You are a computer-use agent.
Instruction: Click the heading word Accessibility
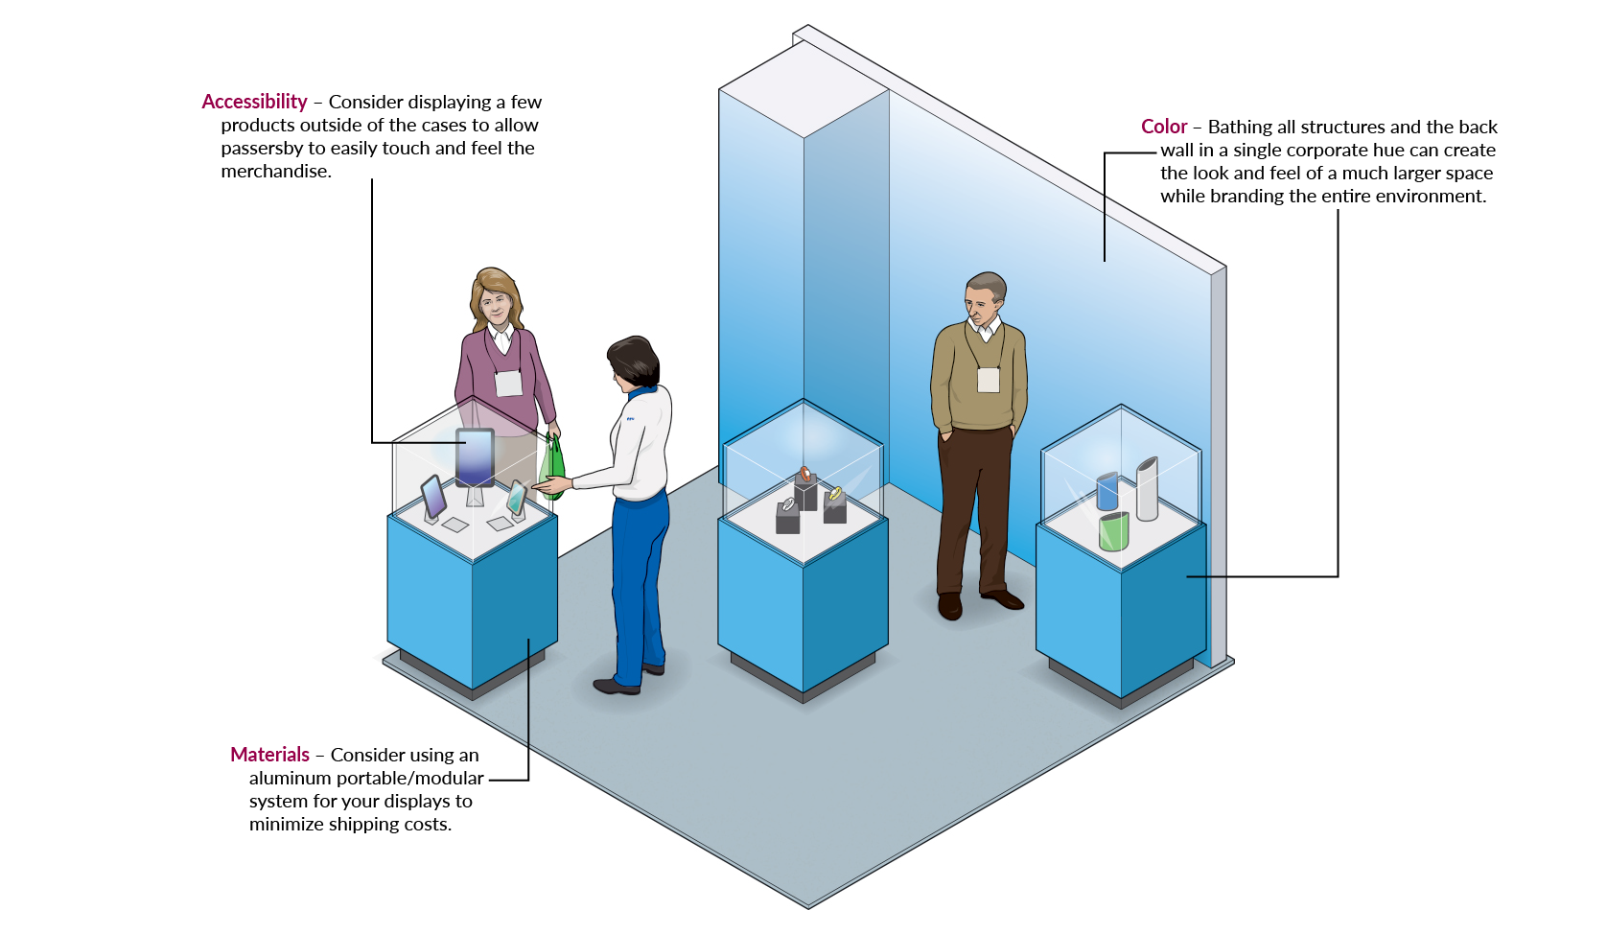tap(254, 102)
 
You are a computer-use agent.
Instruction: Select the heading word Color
tap(1163, 127)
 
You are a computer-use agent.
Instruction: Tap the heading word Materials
tap(269, 755)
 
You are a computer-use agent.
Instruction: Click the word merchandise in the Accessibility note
tap(276, 172)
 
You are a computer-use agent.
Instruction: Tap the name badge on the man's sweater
tap(989, 380)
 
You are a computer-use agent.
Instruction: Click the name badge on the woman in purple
tap(508, 383)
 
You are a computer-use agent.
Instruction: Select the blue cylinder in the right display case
tap(1107, 492)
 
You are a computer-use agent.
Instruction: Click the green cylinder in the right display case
tap(1113, 531)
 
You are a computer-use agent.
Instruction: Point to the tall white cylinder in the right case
tap(1147, 488)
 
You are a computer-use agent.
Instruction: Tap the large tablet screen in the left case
tap(475, 457)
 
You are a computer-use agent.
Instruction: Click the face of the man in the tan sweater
tap(982, 306)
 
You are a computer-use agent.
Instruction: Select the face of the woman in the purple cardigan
tap(496, 306)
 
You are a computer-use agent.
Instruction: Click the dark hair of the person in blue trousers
tap(635, 360)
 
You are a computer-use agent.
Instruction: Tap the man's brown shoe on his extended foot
tap(1003, 599)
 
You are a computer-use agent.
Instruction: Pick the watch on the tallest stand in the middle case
tap(805, 474)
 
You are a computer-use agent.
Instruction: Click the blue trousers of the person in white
tap(638, 575)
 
